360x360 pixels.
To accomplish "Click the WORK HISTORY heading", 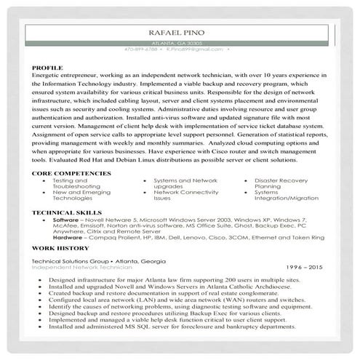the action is pyautogui.click(x=56, y=247).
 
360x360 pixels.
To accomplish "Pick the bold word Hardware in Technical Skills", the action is pyautogui.click(x=68, y=237).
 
